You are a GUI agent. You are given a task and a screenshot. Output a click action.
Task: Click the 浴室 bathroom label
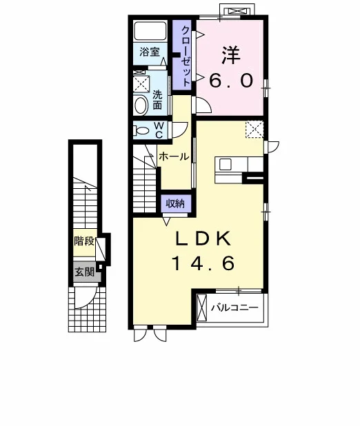tap(150, 52)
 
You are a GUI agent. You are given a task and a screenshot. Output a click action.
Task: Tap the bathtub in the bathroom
tap(150, 31)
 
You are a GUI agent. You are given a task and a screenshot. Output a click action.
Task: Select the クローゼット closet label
tap(186, 56)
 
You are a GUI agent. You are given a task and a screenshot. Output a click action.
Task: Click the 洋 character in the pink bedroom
tap(231, 55)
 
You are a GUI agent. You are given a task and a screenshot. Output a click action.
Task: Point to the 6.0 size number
tap(232, 81)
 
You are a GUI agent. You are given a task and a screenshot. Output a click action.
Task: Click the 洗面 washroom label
tap(157, 100)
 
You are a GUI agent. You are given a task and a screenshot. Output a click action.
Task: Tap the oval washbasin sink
tap(141, 105)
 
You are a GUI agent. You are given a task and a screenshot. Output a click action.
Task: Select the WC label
tap(159, 130)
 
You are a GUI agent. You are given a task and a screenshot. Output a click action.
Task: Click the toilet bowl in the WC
tap(141, 131)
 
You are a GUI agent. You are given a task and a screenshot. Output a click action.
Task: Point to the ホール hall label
tap(174, 156)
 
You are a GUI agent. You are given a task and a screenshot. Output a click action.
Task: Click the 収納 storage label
tap(175, 203)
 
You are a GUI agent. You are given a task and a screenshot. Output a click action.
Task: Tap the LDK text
tap(203, 239)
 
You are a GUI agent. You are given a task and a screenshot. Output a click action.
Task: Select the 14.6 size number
tap(203, 263)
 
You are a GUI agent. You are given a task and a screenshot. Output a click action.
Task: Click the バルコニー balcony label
tap(235, 308)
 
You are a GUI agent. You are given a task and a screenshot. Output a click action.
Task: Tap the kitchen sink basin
tap(225, 164)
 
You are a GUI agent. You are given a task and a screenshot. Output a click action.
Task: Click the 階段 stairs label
tap(84, 241)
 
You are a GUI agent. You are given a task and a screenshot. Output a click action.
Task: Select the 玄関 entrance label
tap(85, 272)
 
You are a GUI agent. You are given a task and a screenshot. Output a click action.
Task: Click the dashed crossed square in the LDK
tap(254, 130)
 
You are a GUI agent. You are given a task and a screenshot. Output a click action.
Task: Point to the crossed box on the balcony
tap(202, 307)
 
